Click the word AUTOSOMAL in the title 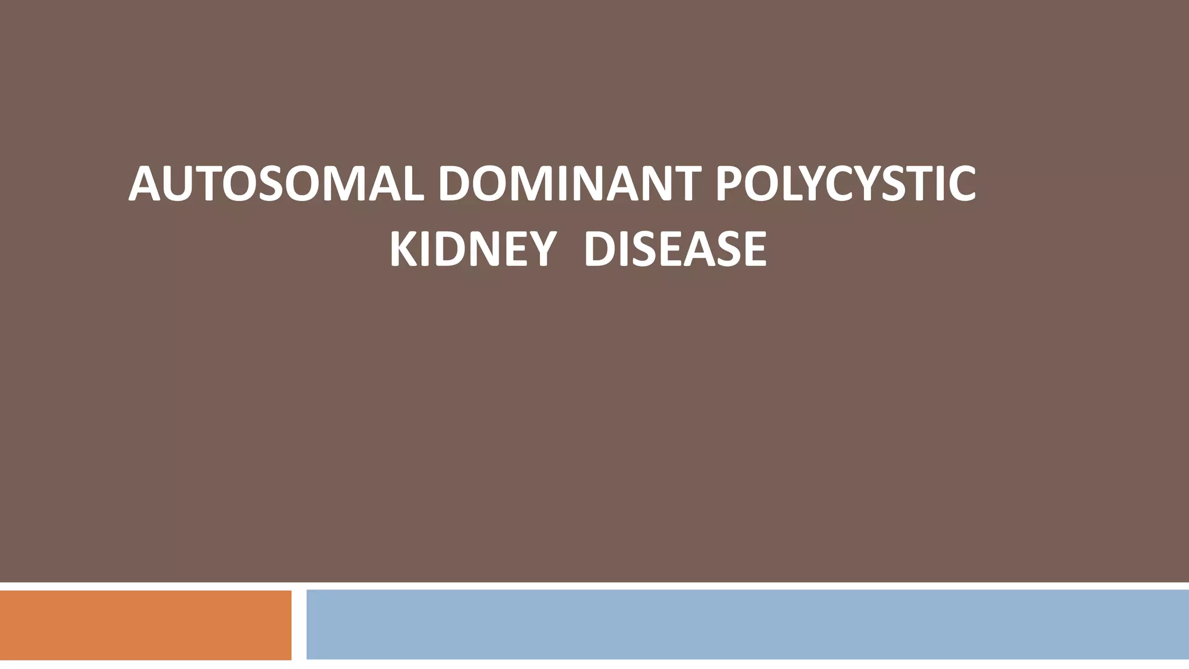tap(275, 184)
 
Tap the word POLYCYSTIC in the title tap(845, 184)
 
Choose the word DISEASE tap(675, 249)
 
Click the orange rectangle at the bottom tap(145, 625)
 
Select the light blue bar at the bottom tap(747, 624)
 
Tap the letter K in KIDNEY tap(403, 249)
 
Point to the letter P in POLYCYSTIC tap(730, 184)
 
